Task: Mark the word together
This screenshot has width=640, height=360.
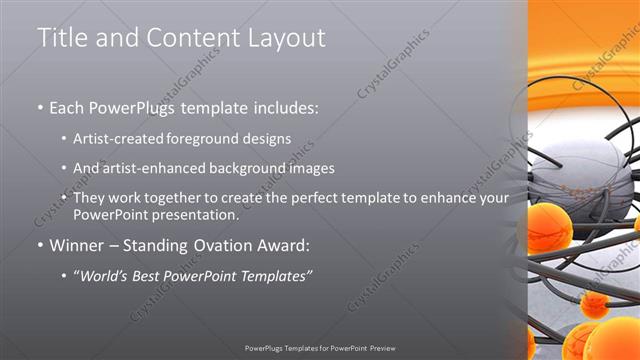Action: point(179,198)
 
